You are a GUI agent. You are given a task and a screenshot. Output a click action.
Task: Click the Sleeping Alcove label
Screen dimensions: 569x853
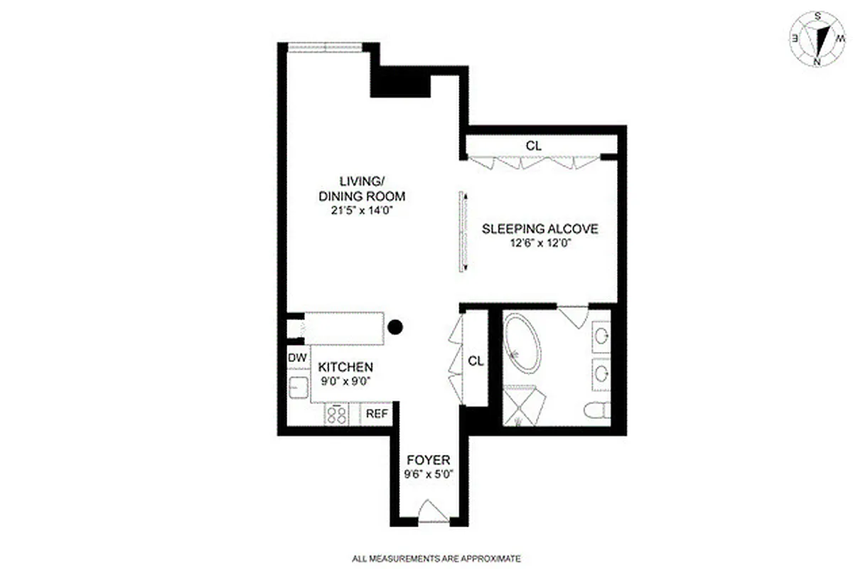[x=540, y=229]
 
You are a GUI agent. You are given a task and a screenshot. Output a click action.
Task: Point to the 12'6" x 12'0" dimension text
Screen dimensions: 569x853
[x=540, y=243]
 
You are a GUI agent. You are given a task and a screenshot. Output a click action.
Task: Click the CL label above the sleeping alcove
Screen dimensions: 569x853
[x=534, y=145]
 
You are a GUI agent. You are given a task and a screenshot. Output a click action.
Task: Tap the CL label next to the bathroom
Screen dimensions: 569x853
[x=476, y=361]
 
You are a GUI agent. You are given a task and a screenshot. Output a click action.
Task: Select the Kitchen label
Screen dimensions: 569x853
[x=345, y=367]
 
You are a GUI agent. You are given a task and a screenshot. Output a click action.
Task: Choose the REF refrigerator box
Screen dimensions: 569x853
[x=377, y=413]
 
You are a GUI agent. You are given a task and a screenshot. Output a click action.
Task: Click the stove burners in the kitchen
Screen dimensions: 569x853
[x=336, y=413]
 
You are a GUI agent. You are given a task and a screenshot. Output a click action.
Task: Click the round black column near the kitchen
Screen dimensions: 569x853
[x=396, y=327]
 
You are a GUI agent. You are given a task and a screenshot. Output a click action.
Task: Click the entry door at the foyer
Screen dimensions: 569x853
[x=433, y=512]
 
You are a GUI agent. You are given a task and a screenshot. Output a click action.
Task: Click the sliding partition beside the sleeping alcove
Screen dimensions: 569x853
[x=462, y=231]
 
